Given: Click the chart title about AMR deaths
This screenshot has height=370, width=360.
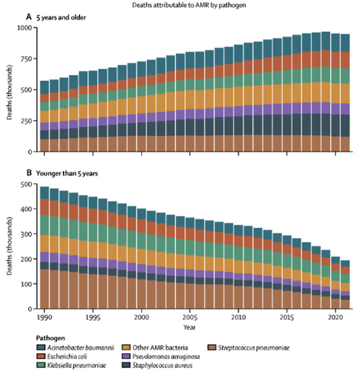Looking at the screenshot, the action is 189,5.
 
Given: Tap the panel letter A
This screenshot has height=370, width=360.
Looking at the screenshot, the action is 29,17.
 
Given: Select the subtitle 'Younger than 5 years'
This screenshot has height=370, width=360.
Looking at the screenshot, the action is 67,174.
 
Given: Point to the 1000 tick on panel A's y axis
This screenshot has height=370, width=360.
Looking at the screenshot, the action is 24,28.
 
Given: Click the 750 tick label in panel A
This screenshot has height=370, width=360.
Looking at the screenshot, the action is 27,58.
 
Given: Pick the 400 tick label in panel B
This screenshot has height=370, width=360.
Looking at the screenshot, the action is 27,209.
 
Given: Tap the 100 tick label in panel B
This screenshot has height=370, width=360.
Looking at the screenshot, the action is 27,284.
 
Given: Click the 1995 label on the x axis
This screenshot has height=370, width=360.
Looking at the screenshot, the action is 93,317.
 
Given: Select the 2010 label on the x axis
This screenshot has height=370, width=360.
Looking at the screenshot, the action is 239,317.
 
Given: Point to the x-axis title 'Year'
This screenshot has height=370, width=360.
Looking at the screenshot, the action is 189,327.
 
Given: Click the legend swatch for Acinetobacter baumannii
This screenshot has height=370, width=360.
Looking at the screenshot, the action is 41,348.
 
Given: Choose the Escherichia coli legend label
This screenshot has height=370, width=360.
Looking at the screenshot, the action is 67,357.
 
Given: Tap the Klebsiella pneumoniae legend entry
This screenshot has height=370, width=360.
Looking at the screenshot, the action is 71,366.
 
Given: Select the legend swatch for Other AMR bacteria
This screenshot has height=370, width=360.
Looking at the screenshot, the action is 126,348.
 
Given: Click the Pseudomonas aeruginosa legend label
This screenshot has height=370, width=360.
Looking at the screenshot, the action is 166,357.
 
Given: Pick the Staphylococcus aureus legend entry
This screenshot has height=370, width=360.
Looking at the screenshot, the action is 157,366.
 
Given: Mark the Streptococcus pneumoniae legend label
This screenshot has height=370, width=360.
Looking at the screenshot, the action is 254,348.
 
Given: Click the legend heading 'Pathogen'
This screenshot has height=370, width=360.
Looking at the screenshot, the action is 50,338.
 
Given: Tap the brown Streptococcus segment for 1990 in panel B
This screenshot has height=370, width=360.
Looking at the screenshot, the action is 44,289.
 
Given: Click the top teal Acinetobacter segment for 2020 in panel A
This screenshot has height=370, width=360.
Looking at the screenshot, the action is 335,43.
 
